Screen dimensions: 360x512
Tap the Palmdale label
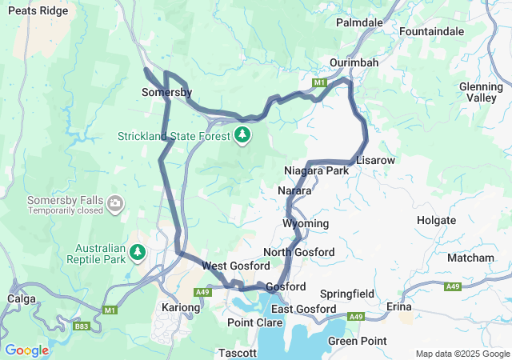click(x=359, y=22)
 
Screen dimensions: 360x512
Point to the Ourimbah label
click(x=354, y=62)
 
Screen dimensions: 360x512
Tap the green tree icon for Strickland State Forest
click(x=242, y=134)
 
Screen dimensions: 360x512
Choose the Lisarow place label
click(x=375, y=160)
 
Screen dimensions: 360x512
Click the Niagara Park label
click(x=316, y=171)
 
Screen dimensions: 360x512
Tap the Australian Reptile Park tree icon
click(x=138, y=253)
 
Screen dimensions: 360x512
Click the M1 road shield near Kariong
click(x=110, y=310)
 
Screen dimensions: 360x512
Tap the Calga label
click(x=20, y=298)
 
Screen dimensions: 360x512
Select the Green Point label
click(x=357, y=341)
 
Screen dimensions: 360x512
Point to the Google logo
click(x=26, y=350)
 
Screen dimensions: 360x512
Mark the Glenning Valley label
click(x=481, y=91)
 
